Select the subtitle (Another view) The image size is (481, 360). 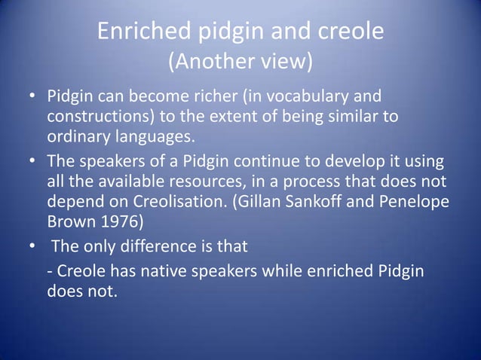pyautogui.click(x=240, y=61)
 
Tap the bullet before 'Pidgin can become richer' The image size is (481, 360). pyautogui.click(x=32, y=98)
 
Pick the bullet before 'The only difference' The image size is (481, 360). pyautogui.click(x=32, y=249)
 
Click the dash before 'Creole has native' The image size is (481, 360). pyautogui.click(x=50, y=271)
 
